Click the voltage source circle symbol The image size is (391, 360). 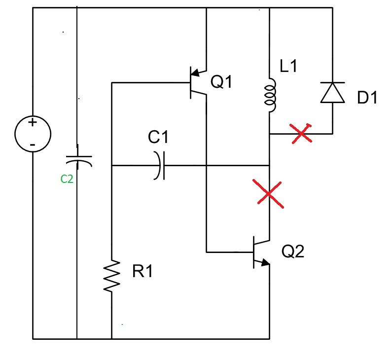33,134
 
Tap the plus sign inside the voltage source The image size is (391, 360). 33,122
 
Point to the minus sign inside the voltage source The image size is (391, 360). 33,144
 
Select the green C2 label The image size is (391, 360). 67,180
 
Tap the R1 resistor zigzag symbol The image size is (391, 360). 112,276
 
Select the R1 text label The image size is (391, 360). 142,272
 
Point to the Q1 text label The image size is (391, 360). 221,82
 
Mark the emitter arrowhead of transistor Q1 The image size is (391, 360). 196,73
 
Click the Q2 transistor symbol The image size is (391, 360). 259,252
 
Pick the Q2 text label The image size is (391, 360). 293,252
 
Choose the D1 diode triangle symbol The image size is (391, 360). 332,92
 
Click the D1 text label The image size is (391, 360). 367,98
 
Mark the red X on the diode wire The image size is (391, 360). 301,133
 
